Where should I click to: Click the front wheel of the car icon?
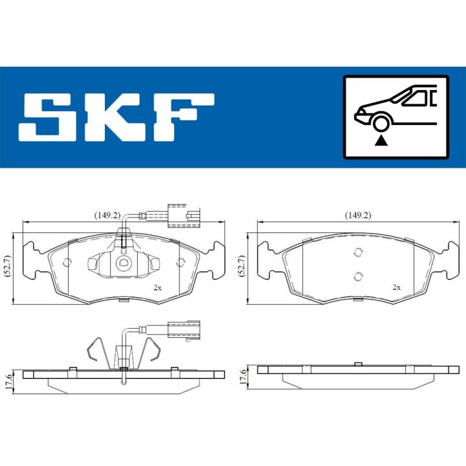(x=381, y=122)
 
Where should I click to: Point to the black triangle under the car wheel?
(x=381, y=140)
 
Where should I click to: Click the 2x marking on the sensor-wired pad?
(x=157, y=287)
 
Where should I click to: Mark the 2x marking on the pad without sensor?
(x=397, y=287)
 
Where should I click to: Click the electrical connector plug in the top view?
(x=183, y=214)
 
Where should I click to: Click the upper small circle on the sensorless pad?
(x=357, y=254)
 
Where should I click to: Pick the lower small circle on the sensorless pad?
(x=357, y=276)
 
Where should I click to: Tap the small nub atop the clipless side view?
(x=357, y=363)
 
